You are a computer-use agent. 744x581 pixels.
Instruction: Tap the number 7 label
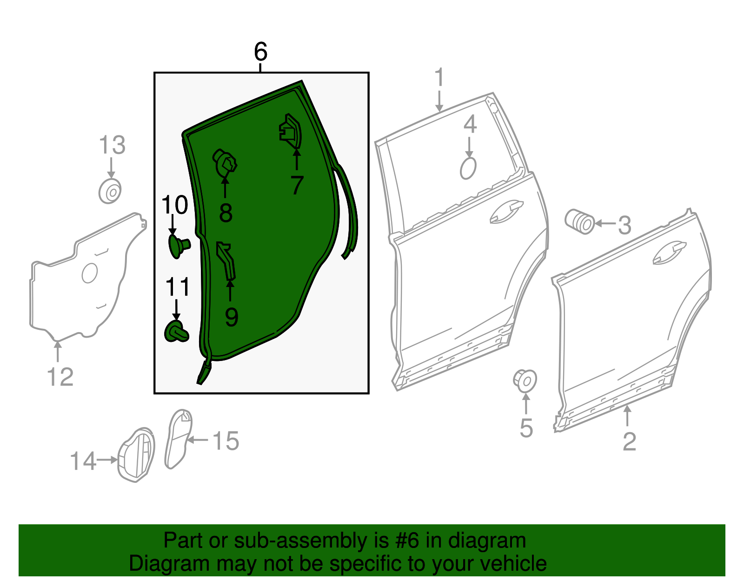(297, 185)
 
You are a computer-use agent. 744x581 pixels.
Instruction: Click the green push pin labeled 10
(178, 246)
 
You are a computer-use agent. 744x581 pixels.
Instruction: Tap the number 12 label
(60, 377)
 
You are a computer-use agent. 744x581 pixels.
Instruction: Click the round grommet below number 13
(111, 191)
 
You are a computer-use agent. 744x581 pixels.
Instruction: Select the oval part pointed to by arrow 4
(468, 168)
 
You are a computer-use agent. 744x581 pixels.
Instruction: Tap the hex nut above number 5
(525, 381)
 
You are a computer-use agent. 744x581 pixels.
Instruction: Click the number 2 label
(629, 441)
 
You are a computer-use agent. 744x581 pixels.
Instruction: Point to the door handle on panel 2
(670, 253)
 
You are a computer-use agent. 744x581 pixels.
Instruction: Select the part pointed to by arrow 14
(136, 454)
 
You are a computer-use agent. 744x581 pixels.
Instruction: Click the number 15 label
(226, 441)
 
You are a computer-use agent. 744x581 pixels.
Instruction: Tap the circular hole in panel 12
(89, 273)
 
